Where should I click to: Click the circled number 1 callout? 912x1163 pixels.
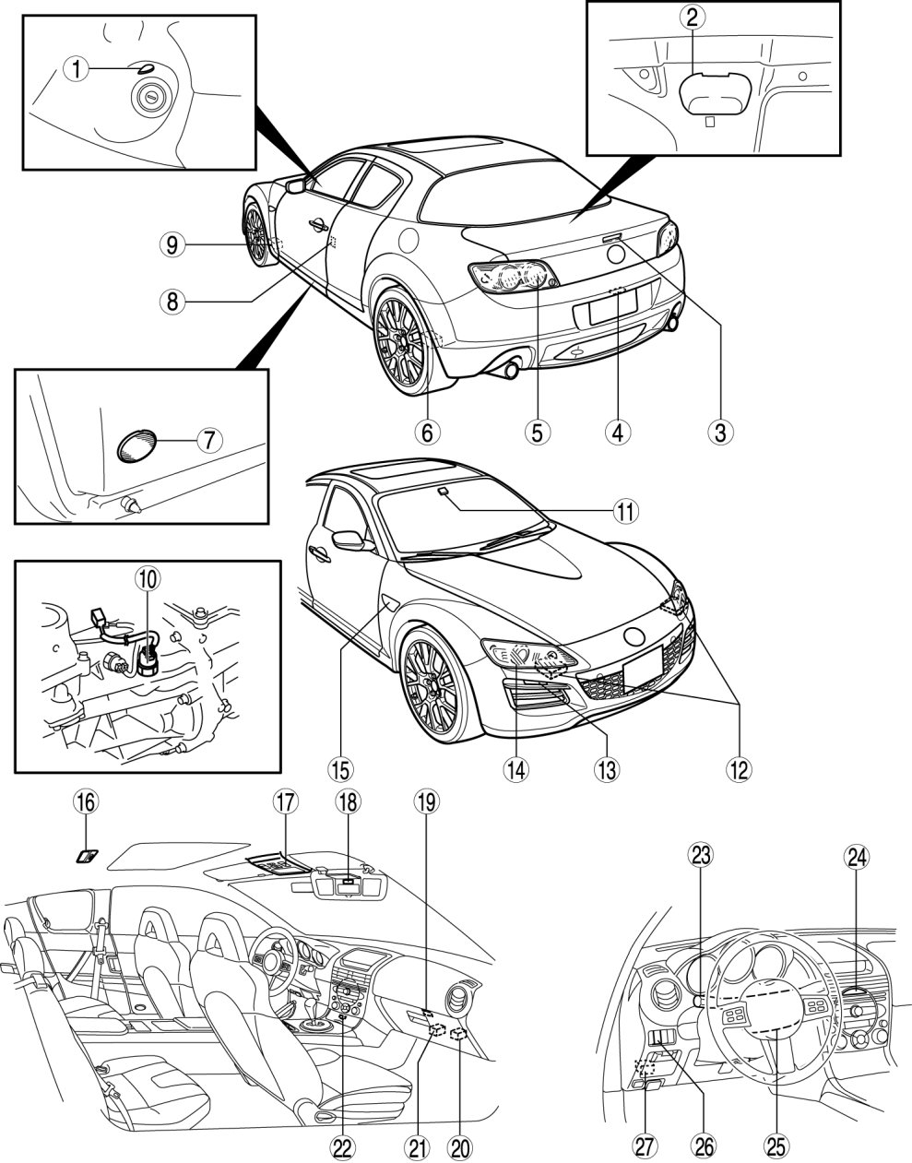[x=77, y=69]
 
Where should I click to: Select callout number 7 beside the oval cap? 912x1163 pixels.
[x=209, y=440]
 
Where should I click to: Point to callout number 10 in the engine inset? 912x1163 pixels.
[x=148, y=578]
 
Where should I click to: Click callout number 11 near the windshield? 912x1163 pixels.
[x=625, y=511]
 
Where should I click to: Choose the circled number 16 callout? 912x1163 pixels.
[x=87, y=802]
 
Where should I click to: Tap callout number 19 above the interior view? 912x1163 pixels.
[x=426, y=801]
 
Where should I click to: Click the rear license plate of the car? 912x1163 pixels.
[x=612, y=306]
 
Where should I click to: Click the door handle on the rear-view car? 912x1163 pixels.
[x=319, y=225]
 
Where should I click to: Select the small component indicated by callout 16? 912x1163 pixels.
[x=87, y=856]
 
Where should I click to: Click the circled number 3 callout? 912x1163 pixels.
[x=720, y=432]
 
